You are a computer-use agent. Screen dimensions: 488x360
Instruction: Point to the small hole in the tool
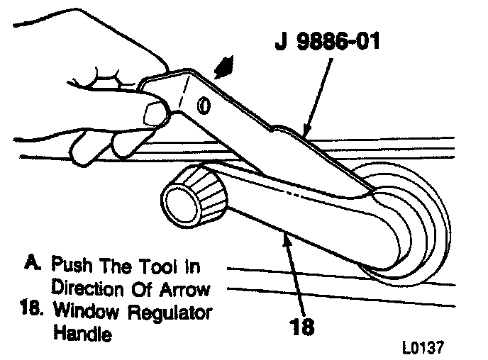(x=204, y=105)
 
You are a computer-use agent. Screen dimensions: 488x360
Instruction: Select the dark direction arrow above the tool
(x=225, y=67)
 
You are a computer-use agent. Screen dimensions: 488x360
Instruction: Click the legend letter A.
(x=30, y=266)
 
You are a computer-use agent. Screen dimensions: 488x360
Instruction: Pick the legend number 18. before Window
(x=30, y=312)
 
